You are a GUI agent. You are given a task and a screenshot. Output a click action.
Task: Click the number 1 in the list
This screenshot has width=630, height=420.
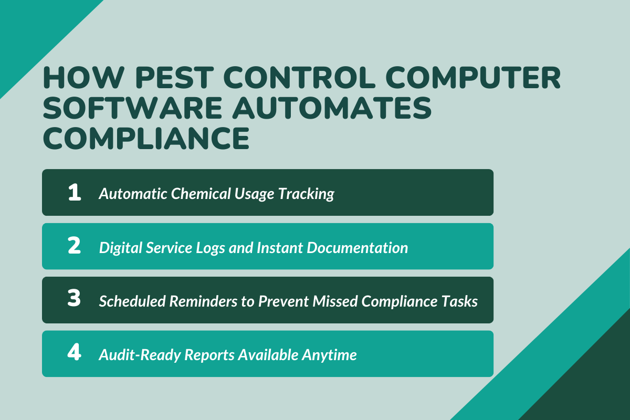point(75,193)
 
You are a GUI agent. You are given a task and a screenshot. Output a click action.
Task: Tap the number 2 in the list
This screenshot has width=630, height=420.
point(75,246)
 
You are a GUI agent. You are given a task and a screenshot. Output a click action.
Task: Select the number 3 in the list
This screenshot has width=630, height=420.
point(75,300)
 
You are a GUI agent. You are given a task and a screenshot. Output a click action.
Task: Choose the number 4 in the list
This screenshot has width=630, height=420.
point(75,353)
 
